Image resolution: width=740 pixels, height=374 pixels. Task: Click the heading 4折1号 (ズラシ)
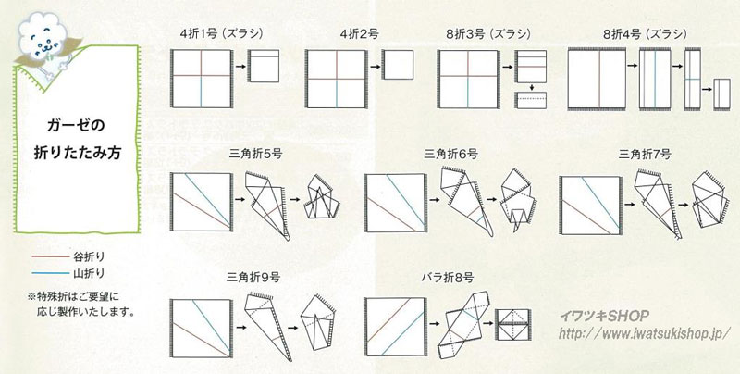pos(222,34)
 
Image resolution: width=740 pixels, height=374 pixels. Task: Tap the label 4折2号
pos(359,34)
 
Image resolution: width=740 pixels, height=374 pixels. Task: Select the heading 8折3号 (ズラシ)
pos(488,34)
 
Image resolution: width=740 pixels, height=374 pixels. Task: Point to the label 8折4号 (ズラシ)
pos(645,34)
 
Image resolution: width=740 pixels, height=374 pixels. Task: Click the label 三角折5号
pos(255,154)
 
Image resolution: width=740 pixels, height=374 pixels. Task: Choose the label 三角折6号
pos(450,154)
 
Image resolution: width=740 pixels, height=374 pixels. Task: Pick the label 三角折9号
pos(253,277)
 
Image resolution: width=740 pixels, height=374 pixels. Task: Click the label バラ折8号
pos(447,277)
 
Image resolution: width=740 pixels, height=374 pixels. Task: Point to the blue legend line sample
pos(51,273)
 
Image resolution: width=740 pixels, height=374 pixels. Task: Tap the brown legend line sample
pos(51,256)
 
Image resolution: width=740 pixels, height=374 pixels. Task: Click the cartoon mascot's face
pos(41,44)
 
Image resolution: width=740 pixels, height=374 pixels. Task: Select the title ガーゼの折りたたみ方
pos(77,139)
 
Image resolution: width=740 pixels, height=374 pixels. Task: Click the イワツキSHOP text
pos(605,316)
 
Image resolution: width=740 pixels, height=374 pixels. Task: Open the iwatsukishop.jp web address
pos(645,333)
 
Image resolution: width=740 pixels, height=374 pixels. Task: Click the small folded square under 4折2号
pos(398,65)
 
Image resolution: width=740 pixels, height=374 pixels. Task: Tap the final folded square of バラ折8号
pos(512,325)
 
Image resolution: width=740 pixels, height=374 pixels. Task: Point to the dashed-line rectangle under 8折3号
pos(530,101)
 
